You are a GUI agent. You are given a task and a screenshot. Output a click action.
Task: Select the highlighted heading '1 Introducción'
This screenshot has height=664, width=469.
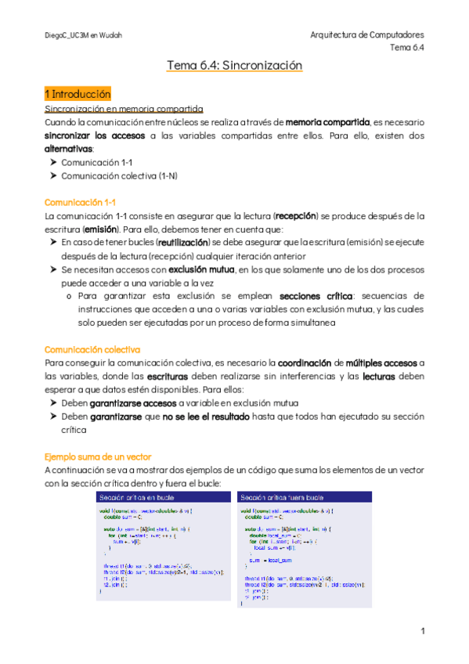tap(78, 93)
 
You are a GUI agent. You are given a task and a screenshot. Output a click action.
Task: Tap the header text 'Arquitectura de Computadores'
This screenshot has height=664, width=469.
tap(367, 35)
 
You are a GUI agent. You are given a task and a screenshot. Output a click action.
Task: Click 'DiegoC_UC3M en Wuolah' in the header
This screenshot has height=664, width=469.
tap(84, 35)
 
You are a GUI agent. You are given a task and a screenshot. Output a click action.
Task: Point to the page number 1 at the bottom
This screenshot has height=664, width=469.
tap(422, 631)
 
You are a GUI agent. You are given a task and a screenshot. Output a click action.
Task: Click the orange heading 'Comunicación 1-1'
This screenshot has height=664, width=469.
tap(81, 201)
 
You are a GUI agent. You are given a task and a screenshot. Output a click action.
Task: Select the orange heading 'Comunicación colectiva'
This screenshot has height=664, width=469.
tap(92, 348)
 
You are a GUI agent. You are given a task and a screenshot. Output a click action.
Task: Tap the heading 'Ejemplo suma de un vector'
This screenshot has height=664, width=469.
tap(97, 456)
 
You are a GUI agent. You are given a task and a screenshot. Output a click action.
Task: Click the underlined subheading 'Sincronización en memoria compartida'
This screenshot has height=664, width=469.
tap(124, 108)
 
